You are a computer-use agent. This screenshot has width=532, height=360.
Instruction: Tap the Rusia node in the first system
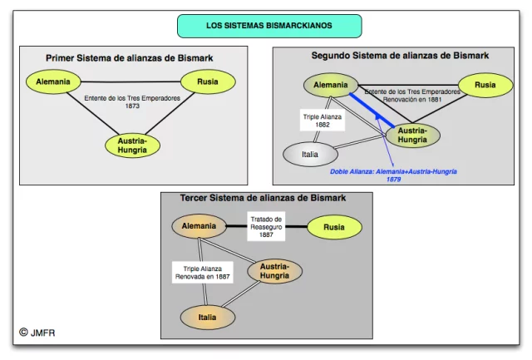tap(208, 82)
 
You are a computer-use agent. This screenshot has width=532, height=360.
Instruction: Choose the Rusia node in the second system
tap(483, 85)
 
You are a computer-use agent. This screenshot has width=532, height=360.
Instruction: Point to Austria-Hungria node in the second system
tap(412, 135)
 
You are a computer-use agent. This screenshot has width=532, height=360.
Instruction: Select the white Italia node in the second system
tap(311, 155)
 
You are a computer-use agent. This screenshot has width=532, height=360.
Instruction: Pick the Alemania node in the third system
tap(199, 226)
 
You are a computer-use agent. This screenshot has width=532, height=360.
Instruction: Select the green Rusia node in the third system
tap(334, 226)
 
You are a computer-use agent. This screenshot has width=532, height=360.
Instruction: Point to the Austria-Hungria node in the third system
tap(274, 271)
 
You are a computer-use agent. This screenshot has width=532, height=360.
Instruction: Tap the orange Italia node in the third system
tap(207, 317)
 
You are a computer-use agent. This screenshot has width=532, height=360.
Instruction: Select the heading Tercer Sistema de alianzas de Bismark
tap(264, 198)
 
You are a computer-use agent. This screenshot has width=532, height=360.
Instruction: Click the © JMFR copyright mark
tap(37, 333)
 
